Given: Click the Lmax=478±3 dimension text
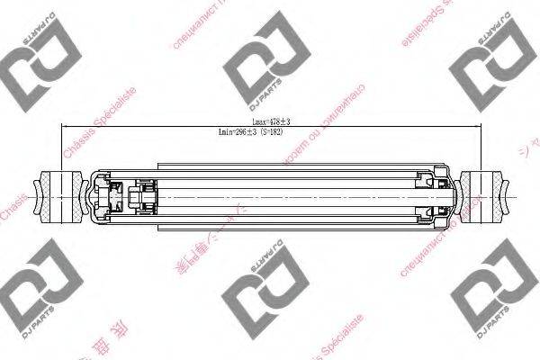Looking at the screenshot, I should point(270,121).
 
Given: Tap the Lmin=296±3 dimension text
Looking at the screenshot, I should point(236,132).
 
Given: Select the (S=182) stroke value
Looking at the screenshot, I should point(286,132).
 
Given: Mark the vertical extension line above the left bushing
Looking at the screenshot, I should point(59,148).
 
